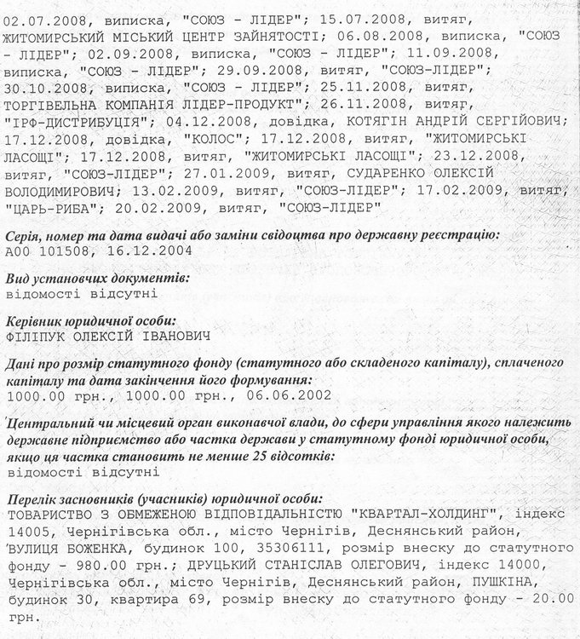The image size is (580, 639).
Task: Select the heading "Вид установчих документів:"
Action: [97, 279]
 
